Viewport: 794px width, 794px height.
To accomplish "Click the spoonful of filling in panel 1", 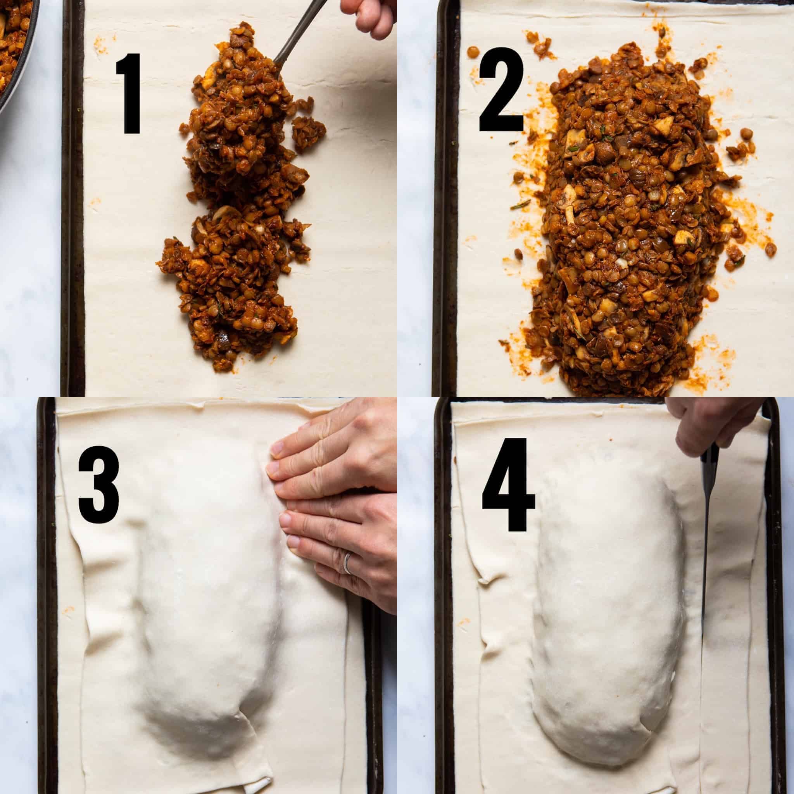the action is [238, 103].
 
